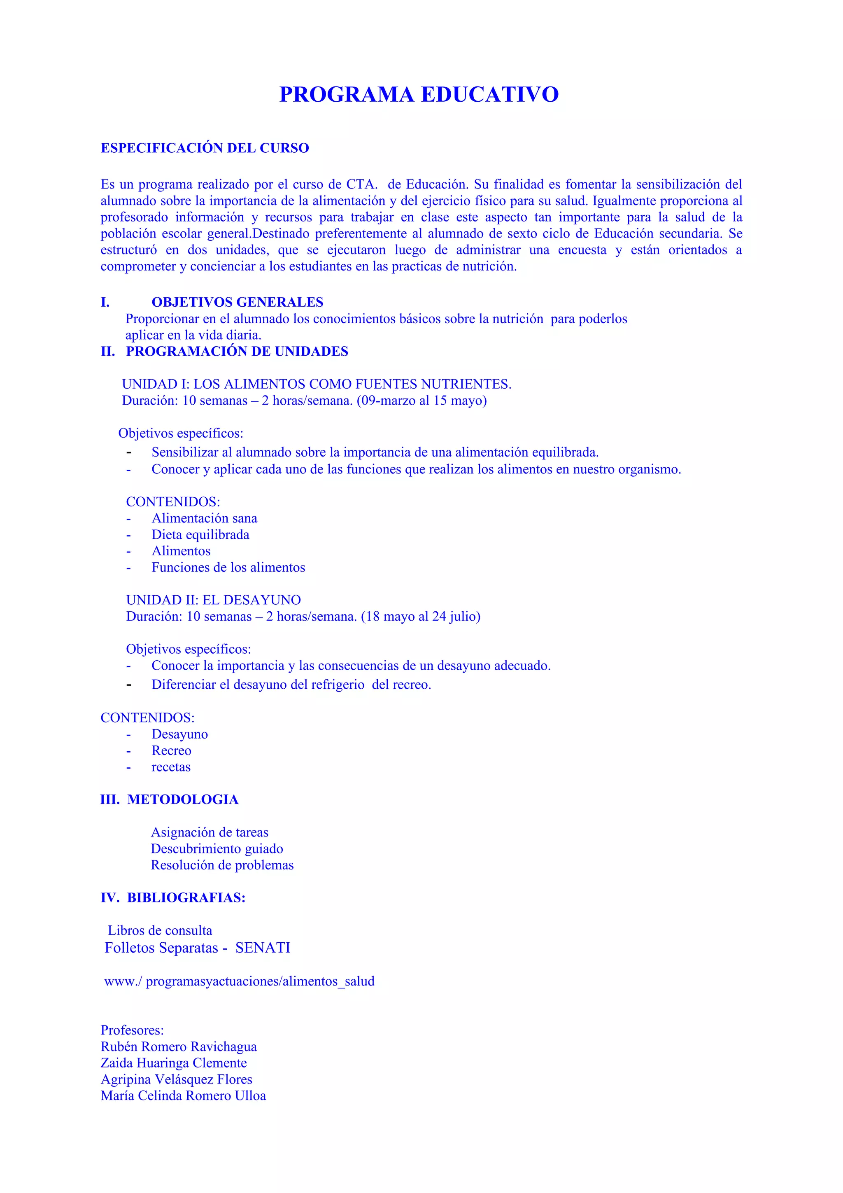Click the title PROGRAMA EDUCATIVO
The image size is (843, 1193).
419,95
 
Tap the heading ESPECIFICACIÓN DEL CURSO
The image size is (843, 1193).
205,148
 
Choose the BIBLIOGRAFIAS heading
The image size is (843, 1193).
186,897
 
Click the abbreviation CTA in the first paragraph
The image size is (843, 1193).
361,184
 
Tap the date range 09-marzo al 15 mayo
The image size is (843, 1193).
421,401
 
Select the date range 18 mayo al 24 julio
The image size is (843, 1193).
420,616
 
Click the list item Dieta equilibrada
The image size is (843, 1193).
200,535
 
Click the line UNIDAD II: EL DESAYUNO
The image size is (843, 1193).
214,600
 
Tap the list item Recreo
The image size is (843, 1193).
171,750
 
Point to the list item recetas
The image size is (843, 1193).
171,767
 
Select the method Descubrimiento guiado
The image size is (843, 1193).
217,848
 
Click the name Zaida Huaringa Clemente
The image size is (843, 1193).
173,1063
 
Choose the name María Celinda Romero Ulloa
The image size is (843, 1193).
183,1095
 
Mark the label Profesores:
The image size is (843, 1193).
132,1030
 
